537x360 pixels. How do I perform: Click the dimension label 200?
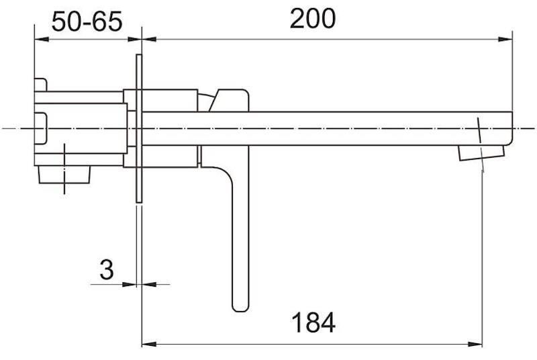pos(313,19)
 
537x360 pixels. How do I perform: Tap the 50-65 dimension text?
pos(87,21)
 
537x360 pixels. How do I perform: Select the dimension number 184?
pos(313,322)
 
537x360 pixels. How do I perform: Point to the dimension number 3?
pos(107,269)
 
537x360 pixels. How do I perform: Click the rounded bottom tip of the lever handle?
pos(240,307)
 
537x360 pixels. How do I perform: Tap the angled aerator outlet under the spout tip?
pos(481,152)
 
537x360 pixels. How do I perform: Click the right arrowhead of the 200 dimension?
pos(505,40)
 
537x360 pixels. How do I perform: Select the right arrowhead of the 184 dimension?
pos(475,344)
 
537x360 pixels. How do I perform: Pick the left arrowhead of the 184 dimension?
pos(149,344)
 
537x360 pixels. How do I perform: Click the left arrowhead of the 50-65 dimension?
pos(42,40)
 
